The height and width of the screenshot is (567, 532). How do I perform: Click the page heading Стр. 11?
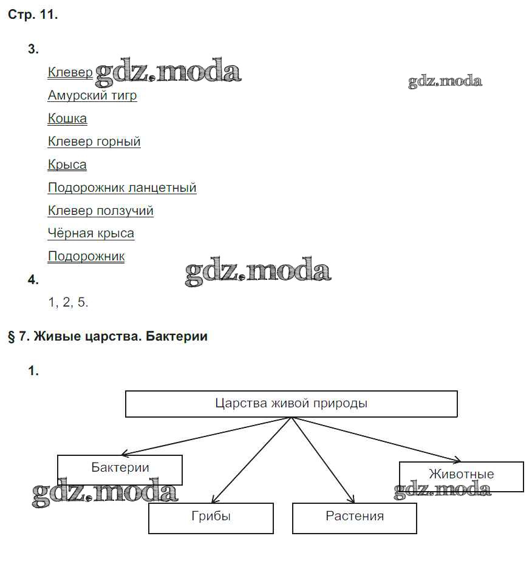33,16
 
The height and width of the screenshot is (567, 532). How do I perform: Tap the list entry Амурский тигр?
92,96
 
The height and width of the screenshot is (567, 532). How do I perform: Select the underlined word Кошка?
67,119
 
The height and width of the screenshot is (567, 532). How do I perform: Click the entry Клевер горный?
94,142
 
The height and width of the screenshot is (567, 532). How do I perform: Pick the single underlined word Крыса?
67,165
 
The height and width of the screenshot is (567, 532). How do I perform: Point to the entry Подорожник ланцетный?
122,188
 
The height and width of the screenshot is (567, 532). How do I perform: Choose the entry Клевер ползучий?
101,211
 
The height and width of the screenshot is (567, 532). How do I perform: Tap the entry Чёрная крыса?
91,234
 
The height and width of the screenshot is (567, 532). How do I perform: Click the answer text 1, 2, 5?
68,302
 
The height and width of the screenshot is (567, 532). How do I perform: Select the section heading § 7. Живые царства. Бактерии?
107,336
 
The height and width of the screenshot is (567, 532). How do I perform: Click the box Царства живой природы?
291,404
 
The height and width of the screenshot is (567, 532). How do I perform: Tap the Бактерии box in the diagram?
120,468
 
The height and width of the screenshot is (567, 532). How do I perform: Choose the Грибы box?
211,517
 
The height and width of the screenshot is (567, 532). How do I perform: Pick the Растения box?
355,517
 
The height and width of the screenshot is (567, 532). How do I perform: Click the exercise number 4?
33,280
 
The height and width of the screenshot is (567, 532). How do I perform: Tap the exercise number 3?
33,50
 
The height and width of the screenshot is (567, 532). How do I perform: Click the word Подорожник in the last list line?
86,257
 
